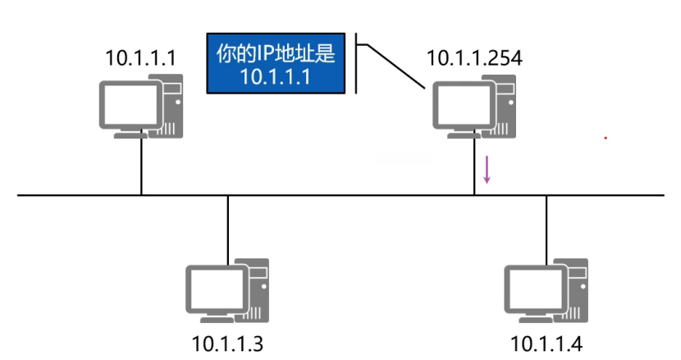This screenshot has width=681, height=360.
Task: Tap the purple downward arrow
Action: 487,169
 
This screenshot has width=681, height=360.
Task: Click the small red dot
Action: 606,138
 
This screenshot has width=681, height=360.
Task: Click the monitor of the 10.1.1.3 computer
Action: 212,289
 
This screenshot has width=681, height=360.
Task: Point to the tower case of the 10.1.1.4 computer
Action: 575,291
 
